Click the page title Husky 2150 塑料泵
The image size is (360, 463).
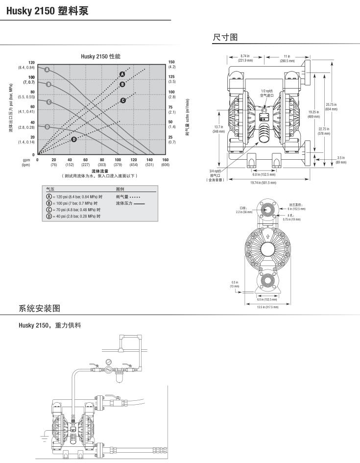[48, 10]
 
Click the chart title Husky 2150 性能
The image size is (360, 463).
[100, 57]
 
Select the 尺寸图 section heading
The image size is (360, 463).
[225, 37]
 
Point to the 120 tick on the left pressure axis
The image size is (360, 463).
[31, 63]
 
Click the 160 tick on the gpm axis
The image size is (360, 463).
[165, 160]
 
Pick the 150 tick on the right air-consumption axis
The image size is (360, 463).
[171, 62]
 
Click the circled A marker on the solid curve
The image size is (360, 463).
[48, 70]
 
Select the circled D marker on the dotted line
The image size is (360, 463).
[74, 139]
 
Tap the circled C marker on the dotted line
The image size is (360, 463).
[122, 100]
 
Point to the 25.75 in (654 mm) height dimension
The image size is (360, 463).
[331, 106]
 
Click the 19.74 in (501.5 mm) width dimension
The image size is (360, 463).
[263, 182]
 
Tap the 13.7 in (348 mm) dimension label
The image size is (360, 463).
[218, 129]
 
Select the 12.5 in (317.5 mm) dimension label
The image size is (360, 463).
[268, 307]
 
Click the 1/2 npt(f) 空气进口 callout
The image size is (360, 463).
[267, 94]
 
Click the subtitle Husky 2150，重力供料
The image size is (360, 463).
[49, 325]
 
